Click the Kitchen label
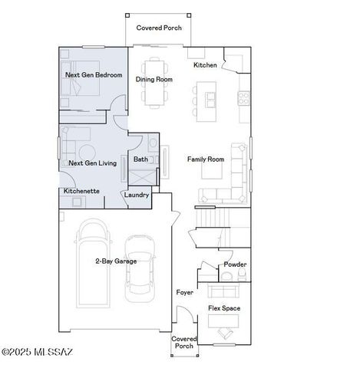205,65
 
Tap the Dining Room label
154,79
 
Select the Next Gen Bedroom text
94,75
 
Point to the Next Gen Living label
92,163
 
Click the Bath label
140,159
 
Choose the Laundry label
137,195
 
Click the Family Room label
205,159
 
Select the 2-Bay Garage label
116,261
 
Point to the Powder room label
234,264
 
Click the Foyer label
184,293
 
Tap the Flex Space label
224,308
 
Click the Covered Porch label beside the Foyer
184,342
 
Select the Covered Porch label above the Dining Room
159,28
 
